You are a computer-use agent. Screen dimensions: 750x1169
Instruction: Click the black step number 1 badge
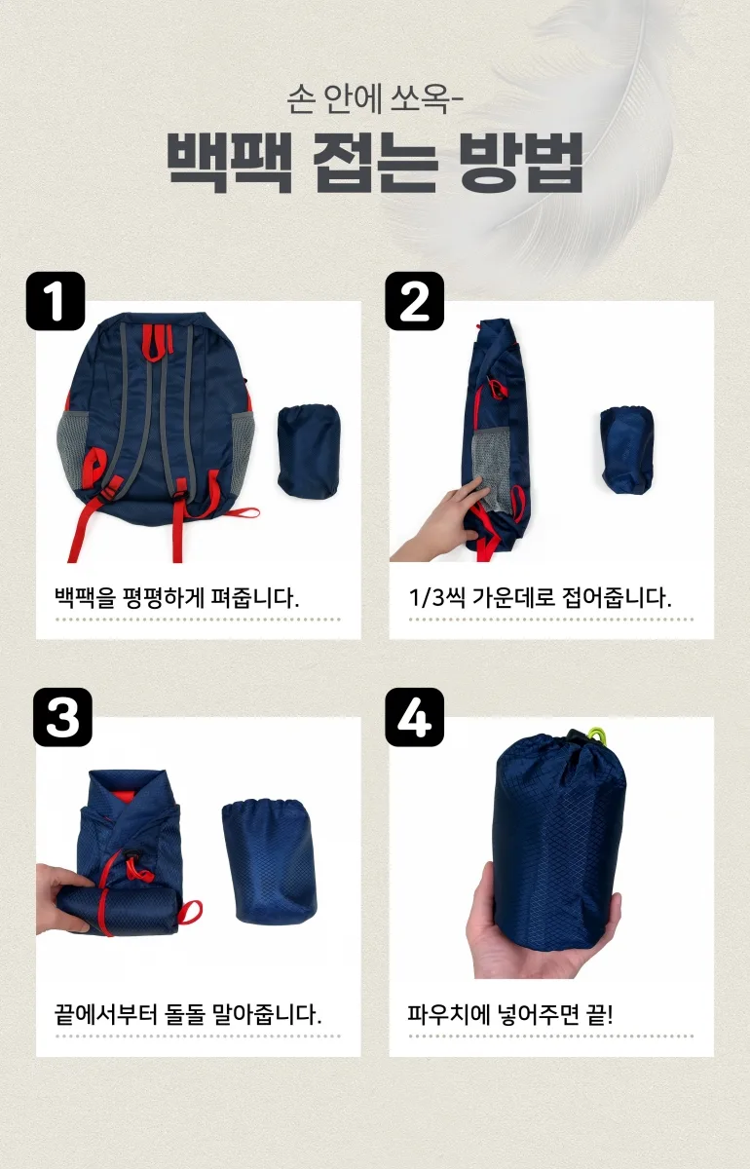click(x=56, y=301)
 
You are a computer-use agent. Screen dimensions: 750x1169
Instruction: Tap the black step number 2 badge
click(x=414, y=301)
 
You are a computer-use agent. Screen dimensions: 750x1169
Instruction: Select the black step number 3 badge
click(x=62, y=717)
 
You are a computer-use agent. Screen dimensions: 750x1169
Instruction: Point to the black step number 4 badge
click(x=414, y=717)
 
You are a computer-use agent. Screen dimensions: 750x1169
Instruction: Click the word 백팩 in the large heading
click(x=229, y=163)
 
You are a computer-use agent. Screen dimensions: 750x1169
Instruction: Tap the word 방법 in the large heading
click(x=521, y=163)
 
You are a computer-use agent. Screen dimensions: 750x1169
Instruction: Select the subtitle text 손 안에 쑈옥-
click(x=375, y=98)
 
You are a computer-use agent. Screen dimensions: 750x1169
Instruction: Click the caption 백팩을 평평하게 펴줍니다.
click(x=177, y=597)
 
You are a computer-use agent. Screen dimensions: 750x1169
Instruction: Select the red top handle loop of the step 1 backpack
click(x=157, y=343)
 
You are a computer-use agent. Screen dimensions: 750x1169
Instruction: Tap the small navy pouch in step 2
click(x=627, y=450)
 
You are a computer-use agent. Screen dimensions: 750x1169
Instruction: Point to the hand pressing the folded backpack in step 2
click(x=439, y=522)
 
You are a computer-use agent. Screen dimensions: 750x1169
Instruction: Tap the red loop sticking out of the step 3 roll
click(x=192, y=912)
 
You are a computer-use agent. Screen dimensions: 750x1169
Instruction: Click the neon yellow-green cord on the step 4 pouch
click(x=596, y=736)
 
